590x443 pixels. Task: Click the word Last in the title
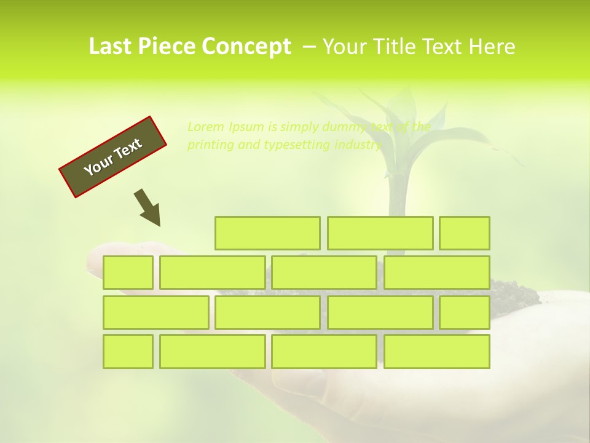tap(110, 47)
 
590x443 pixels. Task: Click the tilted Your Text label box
tap(113, 157)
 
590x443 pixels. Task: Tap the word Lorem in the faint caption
tap(206, 127)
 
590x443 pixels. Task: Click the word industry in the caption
tap(358, 145)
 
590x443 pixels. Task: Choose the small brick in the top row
tap(465, 233)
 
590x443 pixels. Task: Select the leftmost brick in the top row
tap(267, 233)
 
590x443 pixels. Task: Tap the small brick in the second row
tap(128, 273)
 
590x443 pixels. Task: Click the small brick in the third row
tap(465, 312)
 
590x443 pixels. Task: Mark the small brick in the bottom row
tap(128, 351)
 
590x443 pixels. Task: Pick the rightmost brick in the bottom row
tap(437, 351)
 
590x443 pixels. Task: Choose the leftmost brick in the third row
tap(155, 312)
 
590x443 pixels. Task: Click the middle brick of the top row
tap(380, 233)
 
